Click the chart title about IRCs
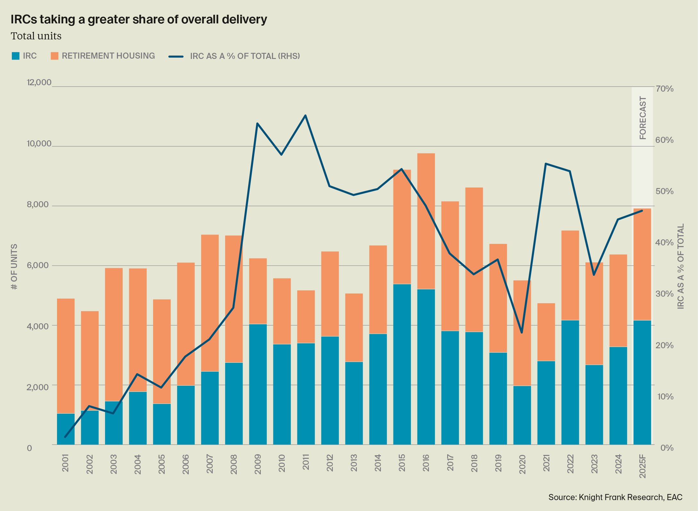[139, 20]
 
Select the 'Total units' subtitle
[36, 36]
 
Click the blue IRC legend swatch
[15, 56]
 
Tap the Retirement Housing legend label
[108, 56]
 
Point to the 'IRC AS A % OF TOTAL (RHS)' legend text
[245, 56]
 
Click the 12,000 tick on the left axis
[39, 83]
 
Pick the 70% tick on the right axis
[664, 89]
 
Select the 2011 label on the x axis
[306, 462]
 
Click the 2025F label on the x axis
[642, 466]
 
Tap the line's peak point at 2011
[305, 115]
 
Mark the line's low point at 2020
[522, 333]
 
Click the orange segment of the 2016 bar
[426, 221]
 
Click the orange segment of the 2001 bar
[66, 356]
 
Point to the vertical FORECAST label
[643, 118]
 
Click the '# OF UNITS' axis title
[14, 267]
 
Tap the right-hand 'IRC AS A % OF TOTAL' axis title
[681, 266]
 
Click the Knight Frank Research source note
[615, 497]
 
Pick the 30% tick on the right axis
[664, 294]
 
